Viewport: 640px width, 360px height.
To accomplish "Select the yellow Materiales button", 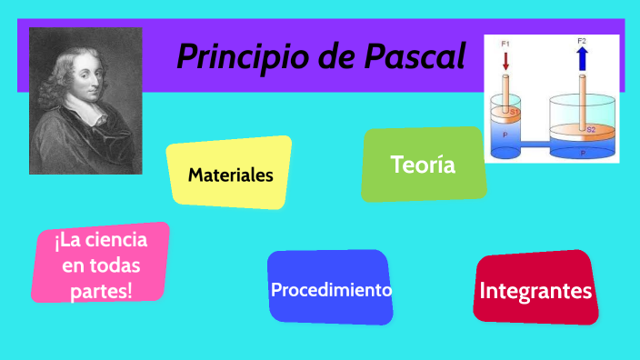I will pos(230,175).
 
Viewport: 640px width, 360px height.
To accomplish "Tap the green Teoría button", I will pos(423,165).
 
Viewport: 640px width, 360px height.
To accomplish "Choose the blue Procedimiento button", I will pos(331,290).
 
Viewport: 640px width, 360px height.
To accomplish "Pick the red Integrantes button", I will pos(535,291).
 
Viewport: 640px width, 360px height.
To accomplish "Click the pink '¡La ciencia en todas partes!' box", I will pos(102,265).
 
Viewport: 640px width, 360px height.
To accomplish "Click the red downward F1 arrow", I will pos(506,61).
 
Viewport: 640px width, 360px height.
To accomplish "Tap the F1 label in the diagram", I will pos(505,42).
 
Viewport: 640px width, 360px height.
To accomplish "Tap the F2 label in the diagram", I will pos(582,41).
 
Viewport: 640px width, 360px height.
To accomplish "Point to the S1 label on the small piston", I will pos(514,112).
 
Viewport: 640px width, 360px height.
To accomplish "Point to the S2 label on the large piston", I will pos(590,130).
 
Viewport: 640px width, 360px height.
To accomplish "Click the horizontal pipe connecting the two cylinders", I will pos(535,143).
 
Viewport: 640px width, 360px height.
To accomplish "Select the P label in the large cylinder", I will pos(583,153).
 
